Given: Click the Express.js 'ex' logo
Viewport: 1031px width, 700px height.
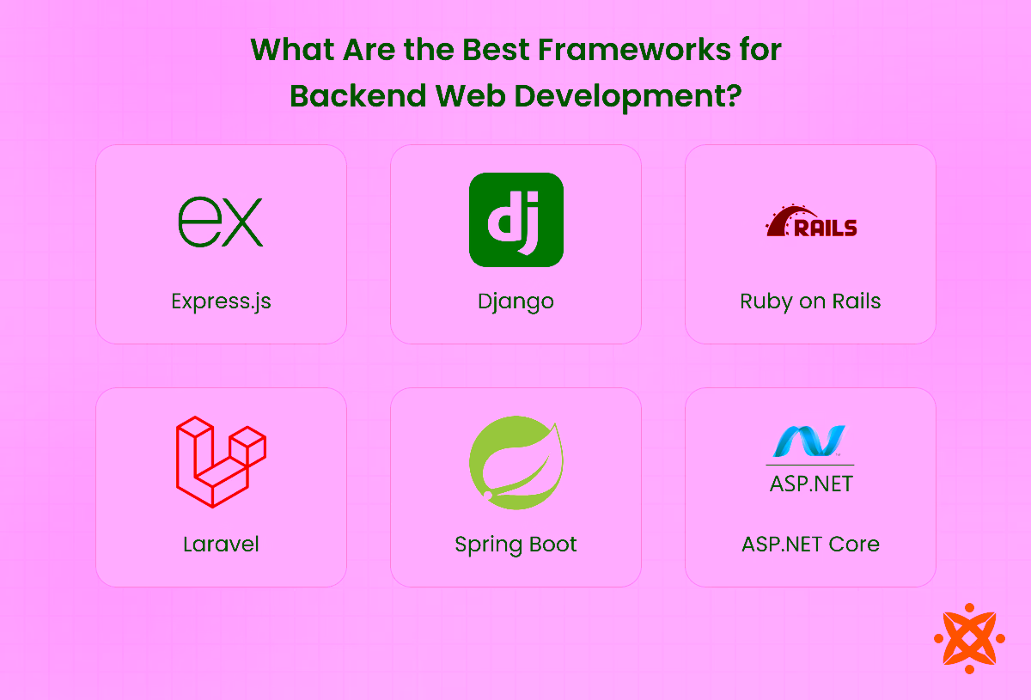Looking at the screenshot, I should tap(220, 222).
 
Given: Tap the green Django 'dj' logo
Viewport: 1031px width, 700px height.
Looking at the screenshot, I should tap(515, 220).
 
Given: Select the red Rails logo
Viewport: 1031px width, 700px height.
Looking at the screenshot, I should tap(811, 222).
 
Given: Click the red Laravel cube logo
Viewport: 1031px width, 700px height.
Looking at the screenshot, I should tap(221, 462).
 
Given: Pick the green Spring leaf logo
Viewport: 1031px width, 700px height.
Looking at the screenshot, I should tap(515, 461).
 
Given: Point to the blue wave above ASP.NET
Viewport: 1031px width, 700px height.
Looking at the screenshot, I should tap(809, 441).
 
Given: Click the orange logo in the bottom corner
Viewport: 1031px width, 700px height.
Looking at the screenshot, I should tap(968, 638).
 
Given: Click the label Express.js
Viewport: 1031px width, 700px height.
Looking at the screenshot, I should tap(221, 301).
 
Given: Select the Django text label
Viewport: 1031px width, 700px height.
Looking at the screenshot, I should tap(515, 301).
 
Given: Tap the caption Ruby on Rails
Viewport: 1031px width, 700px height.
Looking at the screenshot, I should tap(810, 301).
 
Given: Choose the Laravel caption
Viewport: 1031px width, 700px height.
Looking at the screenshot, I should tap(221, 544).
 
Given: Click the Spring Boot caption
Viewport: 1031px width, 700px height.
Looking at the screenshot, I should tap(515, 544).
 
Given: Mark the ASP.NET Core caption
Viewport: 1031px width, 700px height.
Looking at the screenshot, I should tap(810, 544).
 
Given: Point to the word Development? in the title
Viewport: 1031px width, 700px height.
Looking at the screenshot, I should tap(627, 96).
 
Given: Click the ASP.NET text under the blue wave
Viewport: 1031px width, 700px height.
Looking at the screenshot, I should tap(810, 483).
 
